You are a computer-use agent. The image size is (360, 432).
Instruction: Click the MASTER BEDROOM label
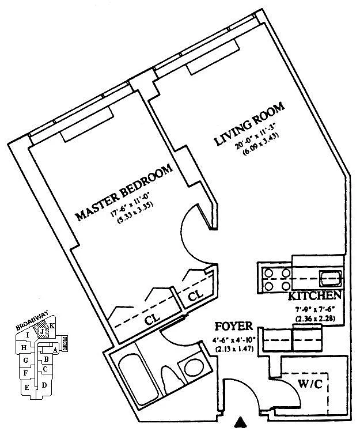coord(124,193)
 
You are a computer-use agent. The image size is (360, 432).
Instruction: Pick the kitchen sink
coord(331,279)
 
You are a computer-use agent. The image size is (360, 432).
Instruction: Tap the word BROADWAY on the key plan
coord(30,323)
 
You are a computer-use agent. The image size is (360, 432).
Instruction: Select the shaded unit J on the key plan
coord(41,331)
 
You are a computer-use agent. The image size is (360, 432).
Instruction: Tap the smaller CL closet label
coord(196,294)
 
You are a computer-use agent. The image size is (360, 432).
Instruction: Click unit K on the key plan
coord(52,326)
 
